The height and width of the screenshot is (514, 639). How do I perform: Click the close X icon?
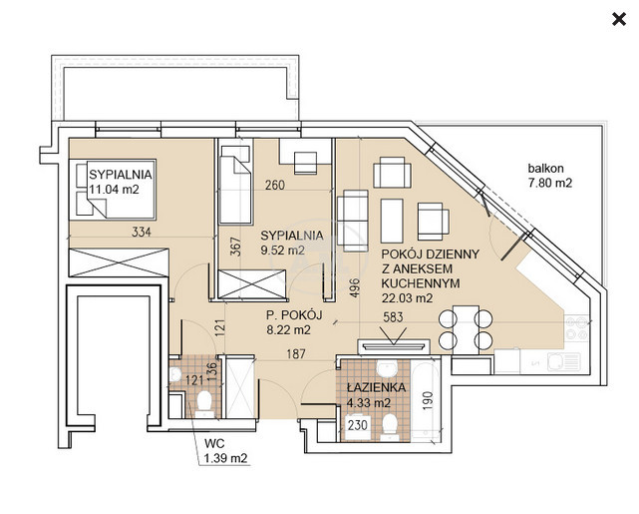coord(619,19)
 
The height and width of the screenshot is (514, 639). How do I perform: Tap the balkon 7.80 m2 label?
coord(549,176)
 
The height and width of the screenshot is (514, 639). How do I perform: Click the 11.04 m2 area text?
coord(114,190)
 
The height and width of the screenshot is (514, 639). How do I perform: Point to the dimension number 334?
coord(142,233)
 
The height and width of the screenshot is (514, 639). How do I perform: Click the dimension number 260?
coord(275,186)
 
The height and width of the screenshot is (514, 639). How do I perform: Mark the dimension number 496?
coord(355,287)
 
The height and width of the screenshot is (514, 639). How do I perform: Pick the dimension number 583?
coord(393,317)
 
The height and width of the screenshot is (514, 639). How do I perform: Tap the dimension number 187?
coord(296,353)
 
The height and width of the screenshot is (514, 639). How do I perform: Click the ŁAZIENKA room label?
coord(376,387)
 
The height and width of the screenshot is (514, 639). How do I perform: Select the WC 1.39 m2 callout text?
coord(225,451)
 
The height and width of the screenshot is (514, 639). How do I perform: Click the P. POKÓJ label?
coord(294,315)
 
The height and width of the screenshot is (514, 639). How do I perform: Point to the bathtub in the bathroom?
coord(426,399)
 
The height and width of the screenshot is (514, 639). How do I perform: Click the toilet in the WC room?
coord(204,404)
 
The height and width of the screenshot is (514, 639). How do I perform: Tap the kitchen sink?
coord(564,362)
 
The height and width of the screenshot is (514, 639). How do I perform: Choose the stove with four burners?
coord(576,328)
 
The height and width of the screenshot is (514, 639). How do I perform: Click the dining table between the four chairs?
coord(466,328)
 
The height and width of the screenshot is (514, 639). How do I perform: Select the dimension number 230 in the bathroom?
coord(358,425)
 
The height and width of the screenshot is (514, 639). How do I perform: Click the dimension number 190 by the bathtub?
coord(427,401)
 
